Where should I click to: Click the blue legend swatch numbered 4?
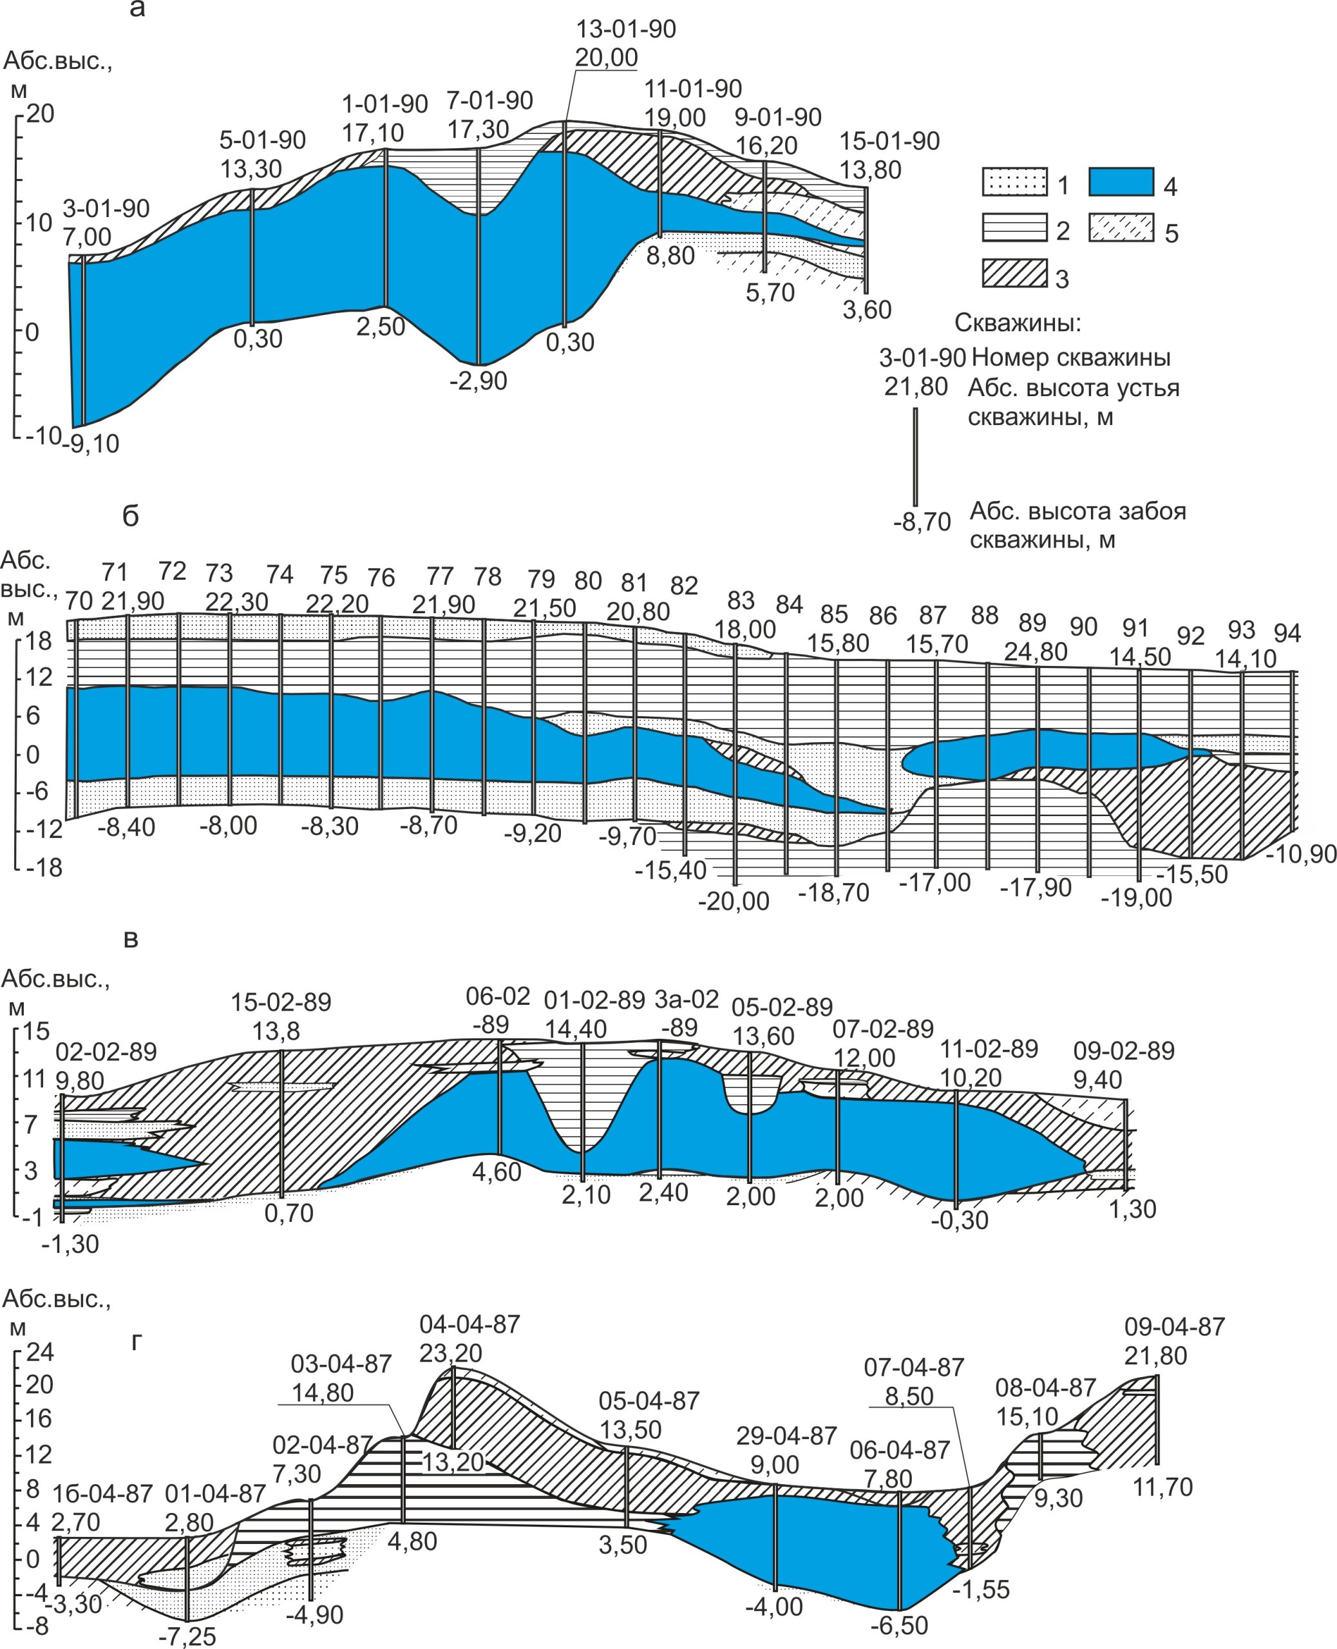(x=1121, y=181)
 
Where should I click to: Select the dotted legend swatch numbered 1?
(x=1014, y=181)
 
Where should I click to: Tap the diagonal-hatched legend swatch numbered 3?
(x=1014, y=273)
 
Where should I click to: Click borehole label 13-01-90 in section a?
(x=625, y=29)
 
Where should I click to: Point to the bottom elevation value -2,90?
(x=479, y=381)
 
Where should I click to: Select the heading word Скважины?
(x=1018, y=323)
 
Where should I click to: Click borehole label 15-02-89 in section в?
(x=281, y=1002)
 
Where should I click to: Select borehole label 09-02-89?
(x=1124, y=1051)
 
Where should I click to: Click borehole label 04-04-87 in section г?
(x=469, y=1325)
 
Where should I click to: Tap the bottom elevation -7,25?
(x=187, y=1635)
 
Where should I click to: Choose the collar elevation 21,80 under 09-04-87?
(x=1155, y=1355)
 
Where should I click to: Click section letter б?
(x=131, y=516)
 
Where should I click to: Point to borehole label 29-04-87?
(x=786, y=1436)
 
